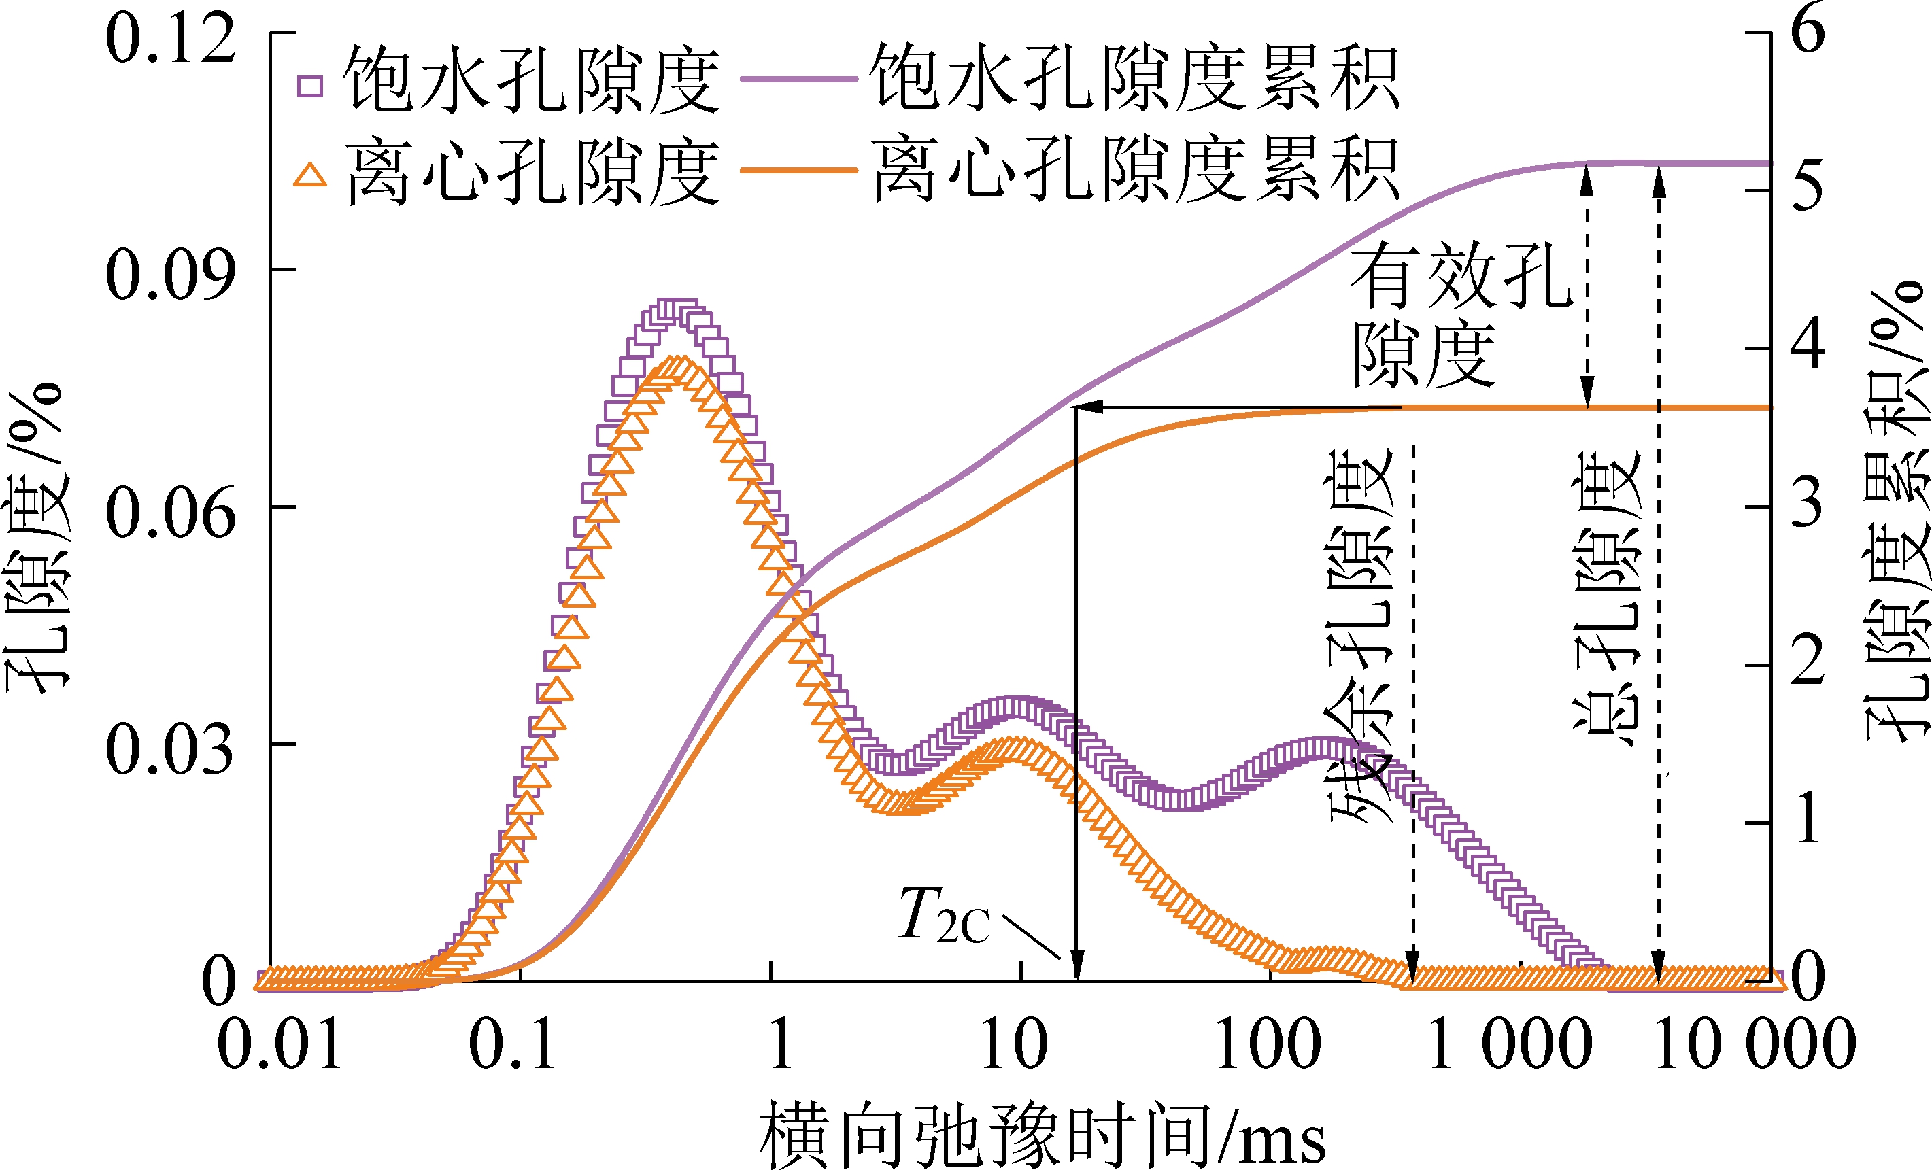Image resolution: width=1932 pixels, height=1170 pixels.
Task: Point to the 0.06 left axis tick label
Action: click(x=170, y=513)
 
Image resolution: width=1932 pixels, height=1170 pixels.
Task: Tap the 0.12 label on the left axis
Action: click(x=170, y=39)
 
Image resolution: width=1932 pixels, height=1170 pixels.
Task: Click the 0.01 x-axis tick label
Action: click(x=279, y=1045)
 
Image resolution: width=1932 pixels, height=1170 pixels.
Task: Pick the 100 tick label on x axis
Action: click(x=1268, y=1045)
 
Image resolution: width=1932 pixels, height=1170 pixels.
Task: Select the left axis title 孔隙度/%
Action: click(x=35, y=540)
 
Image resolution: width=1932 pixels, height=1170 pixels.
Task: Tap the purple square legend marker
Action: click(x=311, y=84)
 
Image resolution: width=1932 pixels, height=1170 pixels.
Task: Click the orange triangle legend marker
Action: click(x=311, y=174)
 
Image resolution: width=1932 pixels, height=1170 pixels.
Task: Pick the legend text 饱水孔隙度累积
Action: click(x=1134, y=78)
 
